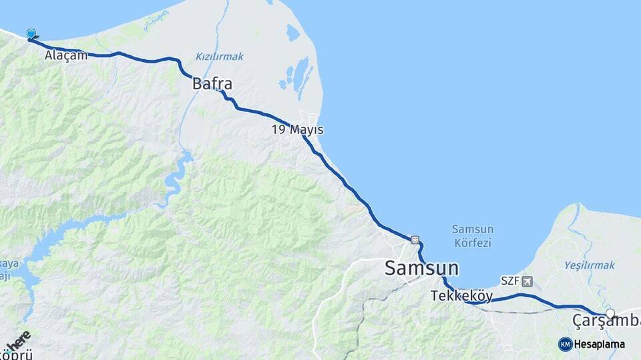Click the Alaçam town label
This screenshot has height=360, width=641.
(x=66, y=56)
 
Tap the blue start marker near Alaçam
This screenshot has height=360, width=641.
(x=31, y=34)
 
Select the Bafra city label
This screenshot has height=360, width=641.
(x=212, y=84)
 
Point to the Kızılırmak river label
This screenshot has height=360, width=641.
(x=220, y=57)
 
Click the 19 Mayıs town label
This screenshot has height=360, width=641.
(x=298, y=129)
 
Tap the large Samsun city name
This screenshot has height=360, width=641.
(x=421, y=269)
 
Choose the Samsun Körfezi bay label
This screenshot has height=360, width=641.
(x=471, y=236)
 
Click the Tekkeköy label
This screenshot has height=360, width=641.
(x=461, y=295)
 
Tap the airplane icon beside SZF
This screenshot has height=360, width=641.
(x=528, y=281)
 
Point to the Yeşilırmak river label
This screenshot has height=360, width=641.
(x=589, y=265)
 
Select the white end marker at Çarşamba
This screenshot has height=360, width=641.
(x=610, y=313)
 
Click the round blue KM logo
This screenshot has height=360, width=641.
(x=566, y=344)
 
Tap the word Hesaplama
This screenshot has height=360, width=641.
(x=600, y=345)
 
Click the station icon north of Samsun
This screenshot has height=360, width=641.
(x=415, y=240)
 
